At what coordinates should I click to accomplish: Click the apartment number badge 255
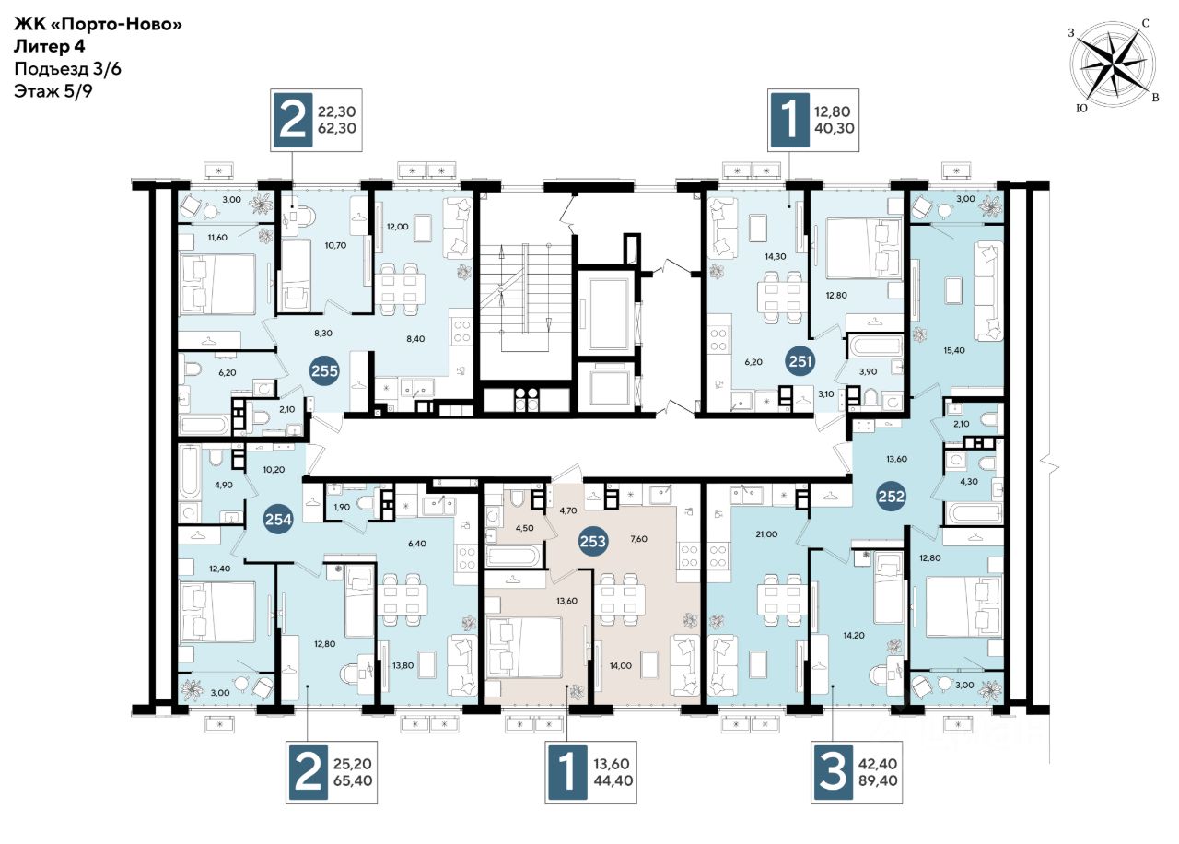[324, 370]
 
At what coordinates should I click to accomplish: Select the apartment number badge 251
[800, 361]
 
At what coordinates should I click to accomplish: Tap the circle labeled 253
[592, 541]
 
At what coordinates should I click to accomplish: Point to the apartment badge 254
[278, 520]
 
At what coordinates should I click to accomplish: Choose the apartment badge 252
[891, 496]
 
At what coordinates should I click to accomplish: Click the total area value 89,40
[877, 780]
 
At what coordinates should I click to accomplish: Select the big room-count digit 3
[833, 772]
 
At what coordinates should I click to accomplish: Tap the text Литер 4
[49, 46]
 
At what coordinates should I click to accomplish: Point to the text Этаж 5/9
[53, 91]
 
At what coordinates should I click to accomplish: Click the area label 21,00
[766, 533]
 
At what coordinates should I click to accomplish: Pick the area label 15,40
[954, 350]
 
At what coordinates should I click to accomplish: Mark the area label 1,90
[342, 507]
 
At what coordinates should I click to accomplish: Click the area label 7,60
[638, 539]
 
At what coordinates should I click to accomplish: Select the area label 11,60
[217, 238]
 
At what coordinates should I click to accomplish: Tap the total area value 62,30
[337, 128]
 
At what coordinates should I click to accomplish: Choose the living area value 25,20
[353, 764]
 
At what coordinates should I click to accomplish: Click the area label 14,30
[776, 256]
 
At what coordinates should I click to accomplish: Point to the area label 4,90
[223, 485]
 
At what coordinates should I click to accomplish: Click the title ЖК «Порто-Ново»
[98, 24]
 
